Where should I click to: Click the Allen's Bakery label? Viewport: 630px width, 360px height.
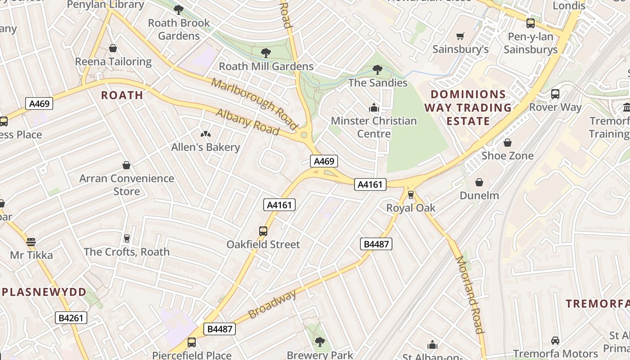[x=206, y=147]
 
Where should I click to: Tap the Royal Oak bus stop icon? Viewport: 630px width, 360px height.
[x=410, y=194]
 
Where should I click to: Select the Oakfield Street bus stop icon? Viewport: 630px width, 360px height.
[x=263, y=231]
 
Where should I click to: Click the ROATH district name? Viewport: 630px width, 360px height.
[x=122, y=95]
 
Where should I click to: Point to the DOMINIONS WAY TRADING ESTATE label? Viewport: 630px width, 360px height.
[x=468, y=108]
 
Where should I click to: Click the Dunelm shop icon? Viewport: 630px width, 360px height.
[x=479, y=182]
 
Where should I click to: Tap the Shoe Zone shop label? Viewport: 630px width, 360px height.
[x=507, y=156]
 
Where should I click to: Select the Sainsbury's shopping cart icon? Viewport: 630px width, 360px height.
[x=460, y=36]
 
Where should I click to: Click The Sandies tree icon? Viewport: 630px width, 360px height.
[x=377, y=70]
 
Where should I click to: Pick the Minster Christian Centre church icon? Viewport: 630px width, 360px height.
[x=373, y=108]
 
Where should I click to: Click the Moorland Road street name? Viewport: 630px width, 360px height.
[x=469, y=295]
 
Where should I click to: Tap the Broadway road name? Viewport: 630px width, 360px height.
[x=272, y=305]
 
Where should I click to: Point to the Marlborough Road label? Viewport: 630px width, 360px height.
[x=255, y=102]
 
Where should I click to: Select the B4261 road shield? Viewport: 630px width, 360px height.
[x=71, y=318]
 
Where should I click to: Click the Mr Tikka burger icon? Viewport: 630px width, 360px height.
[x=31, y=242]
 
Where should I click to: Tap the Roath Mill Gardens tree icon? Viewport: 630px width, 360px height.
[x=266, y=53]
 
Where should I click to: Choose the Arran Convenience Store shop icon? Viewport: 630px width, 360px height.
[x=126, y=165]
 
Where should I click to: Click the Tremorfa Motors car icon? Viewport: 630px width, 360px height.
[x=555, y=341]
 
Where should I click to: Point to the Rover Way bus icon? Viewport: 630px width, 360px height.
[x=555, y=94]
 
